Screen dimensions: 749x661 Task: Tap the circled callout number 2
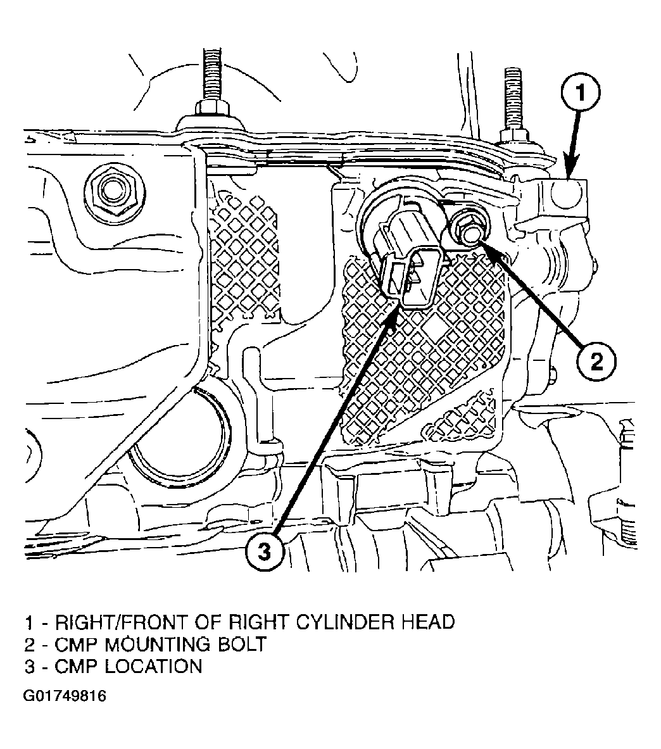coord(596,362)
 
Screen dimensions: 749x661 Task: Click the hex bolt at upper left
coord(108,189)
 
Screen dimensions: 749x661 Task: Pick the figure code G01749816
coord(64,696)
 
